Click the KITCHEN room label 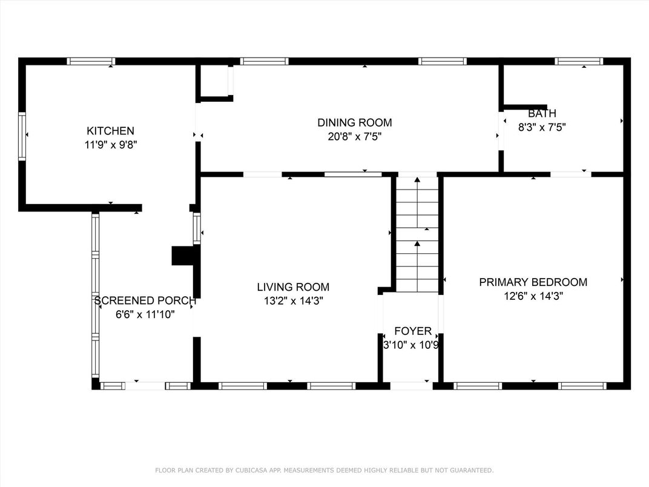[x=110, y=131]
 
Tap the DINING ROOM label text [x=354, y=123]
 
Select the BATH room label [x=542, y=114]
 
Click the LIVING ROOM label [x=293, y=287]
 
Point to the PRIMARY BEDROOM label [x=533, y=282]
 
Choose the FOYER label [x=413, y=331]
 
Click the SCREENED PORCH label [x=145, y=301]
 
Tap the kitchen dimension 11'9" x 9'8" [x=110, y=145]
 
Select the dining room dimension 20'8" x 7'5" [x=354, y=137]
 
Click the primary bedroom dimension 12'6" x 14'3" [x=533, y=296]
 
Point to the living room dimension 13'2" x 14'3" [x=293, y=301]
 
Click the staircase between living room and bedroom [x=417, y=233]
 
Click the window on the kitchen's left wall [x=22, y=136]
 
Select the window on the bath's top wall [x=579, y=61]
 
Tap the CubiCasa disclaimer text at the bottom [x=324, y=470]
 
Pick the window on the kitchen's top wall [x=91, y=61]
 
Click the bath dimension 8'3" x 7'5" [x=542, y=127]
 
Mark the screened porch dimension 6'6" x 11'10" [x=145, y=314]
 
